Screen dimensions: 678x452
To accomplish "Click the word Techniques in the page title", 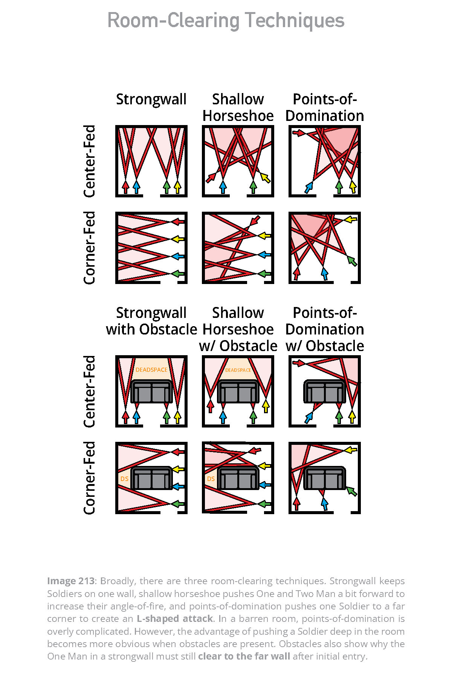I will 295,21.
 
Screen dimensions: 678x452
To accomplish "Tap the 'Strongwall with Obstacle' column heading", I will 151,321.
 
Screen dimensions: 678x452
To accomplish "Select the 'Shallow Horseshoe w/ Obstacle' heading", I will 238,329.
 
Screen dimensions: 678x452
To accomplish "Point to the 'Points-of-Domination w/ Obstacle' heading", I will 325,329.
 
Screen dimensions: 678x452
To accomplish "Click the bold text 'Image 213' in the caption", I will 71,581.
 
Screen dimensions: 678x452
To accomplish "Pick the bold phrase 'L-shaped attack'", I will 175,619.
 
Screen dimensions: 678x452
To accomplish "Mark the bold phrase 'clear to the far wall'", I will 244,657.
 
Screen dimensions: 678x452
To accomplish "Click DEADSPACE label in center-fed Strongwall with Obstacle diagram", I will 151,370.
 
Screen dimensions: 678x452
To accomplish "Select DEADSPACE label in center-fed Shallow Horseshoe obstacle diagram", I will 238,370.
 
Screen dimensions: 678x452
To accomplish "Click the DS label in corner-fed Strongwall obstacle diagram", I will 124,479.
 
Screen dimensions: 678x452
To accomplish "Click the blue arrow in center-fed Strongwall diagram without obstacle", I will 136,187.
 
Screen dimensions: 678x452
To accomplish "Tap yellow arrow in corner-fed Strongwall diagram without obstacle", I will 178,239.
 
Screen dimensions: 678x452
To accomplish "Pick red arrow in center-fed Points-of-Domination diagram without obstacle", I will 298,133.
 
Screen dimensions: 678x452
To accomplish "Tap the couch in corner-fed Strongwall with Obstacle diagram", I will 151,478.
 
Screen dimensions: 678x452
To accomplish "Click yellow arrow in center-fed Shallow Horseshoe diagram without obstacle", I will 266,178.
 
